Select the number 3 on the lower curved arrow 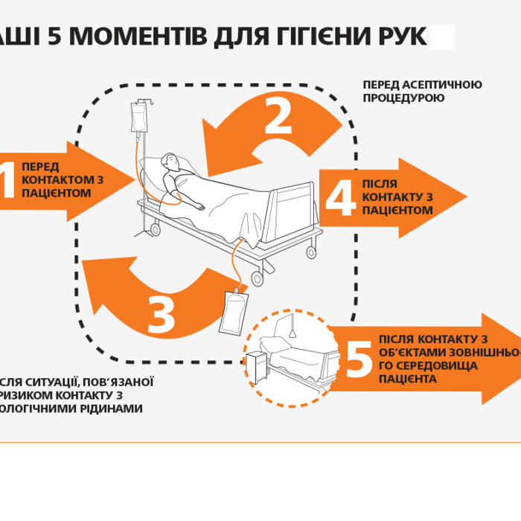pyautogui.click(x=161, y=315)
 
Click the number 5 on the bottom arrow pyautogui.click(x=359, y=359)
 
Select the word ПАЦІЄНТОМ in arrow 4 pyautogui.click(x=397, y=211)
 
